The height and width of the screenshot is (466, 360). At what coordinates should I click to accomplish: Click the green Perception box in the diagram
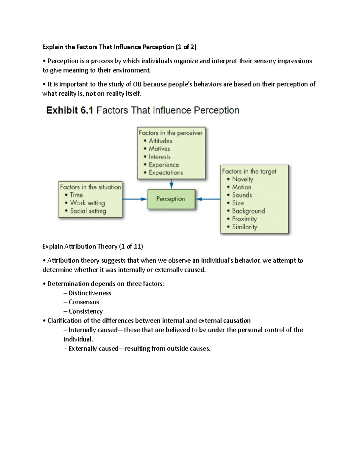point(171,199)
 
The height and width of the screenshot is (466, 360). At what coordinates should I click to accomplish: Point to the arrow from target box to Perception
point(208,199)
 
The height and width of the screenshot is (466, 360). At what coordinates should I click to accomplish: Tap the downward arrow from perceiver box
point(171,184)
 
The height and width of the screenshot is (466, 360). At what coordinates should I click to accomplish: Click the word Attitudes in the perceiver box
point(160,141)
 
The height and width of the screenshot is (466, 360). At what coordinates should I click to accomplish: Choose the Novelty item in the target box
point(242,179)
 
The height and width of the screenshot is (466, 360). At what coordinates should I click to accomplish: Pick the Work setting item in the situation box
point(87,203)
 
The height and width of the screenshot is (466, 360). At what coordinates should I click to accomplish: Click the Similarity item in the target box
point(244,227)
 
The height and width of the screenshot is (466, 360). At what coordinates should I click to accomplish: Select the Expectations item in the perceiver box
point(166,173)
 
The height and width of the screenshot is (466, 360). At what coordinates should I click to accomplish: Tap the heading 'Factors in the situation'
point(90,187)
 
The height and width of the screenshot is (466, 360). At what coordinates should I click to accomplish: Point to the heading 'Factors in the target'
point(249,171)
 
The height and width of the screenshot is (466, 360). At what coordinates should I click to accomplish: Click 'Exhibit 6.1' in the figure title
point(70,110)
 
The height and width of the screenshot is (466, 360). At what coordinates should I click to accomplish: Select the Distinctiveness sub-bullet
point(90,293)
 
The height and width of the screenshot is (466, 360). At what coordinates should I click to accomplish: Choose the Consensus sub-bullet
point(84,302)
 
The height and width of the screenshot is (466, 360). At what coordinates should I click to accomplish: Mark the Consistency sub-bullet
point(85,311)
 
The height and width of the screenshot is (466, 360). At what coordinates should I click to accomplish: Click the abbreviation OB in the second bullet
point(137,84)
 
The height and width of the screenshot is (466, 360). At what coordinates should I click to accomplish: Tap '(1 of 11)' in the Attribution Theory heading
point(131,246)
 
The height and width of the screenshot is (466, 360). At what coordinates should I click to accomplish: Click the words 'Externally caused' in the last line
point(93,348)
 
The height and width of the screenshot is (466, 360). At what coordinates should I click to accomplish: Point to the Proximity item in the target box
point(244,219)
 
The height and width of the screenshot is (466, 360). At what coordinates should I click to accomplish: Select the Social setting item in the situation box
point(88,211)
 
